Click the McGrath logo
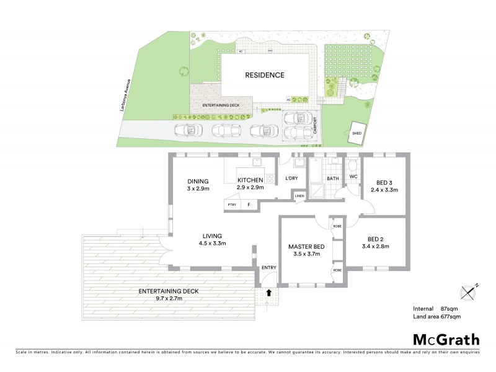(446, 339)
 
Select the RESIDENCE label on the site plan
(264, 75)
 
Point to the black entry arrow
(269, 291)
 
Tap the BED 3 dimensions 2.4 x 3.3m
(384, 190)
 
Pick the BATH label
(333, 179)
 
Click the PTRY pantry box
(232, 205)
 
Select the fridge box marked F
(249, 205)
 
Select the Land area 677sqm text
(436, 317)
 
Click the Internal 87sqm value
(448, 308)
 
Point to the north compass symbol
(469, 290)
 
